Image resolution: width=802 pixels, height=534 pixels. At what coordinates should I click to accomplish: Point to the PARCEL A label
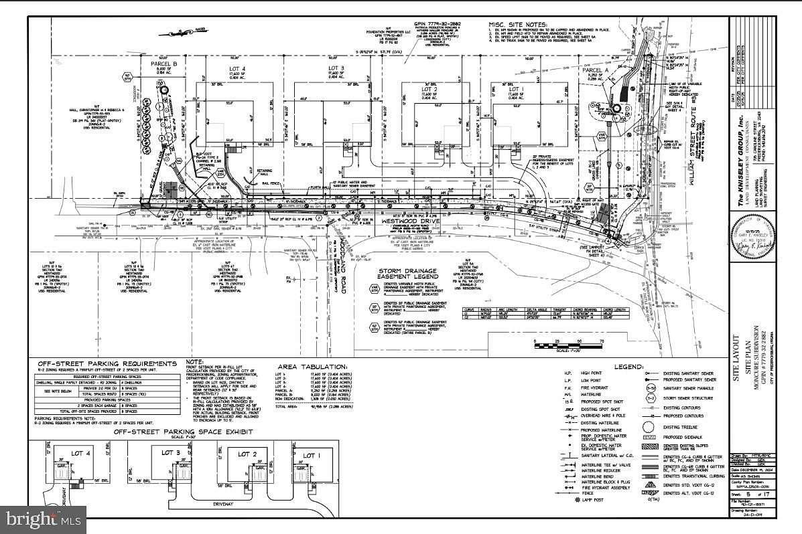tap(594, 70)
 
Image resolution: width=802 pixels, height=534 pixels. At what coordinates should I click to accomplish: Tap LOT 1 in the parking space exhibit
tap(312, 456)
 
